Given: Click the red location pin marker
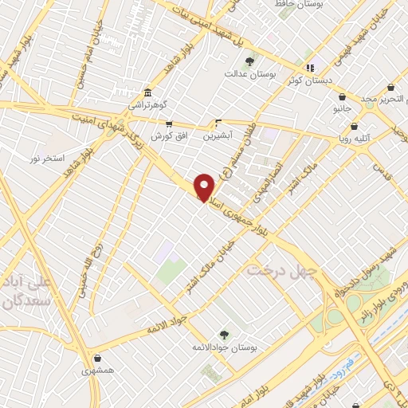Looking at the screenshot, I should pos(204,186).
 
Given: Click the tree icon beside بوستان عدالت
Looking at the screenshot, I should pos(249,61).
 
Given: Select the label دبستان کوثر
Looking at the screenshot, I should pos(310,80).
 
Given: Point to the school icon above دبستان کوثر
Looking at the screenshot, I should pos(310,68).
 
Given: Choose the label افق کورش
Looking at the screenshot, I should pos(169,136).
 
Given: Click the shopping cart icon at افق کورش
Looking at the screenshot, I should pos(169,124).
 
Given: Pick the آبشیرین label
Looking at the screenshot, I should pos(218,136).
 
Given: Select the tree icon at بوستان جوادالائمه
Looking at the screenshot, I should pos(222,335).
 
